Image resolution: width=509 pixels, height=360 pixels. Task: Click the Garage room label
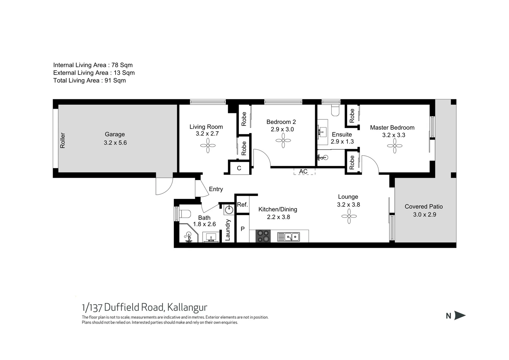[115, 134]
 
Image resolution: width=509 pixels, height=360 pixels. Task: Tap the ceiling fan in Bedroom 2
[283, 140]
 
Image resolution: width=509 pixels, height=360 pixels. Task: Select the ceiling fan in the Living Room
[208, 146]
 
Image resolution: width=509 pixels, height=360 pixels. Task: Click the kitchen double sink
[289, 237]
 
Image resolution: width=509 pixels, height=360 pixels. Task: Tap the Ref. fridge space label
[242, 205]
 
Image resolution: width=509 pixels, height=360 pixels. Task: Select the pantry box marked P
[243, 229]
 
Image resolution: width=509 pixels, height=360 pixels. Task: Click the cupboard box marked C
[239, 168]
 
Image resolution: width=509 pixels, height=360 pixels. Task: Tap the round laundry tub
[229, 210]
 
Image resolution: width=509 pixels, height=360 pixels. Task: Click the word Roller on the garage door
[63, 140]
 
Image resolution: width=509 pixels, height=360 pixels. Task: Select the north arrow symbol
[460, 316]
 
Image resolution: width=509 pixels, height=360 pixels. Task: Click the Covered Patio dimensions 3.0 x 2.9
[424, 215]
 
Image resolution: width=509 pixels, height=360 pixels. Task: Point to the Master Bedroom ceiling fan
[394, 146]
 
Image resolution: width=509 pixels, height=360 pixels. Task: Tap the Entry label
[216, 189]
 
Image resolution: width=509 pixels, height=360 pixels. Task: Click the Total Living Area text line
[89, 80]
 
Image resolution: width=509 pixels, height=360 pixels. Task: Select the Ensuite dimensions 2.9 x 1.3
[342, 141]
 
